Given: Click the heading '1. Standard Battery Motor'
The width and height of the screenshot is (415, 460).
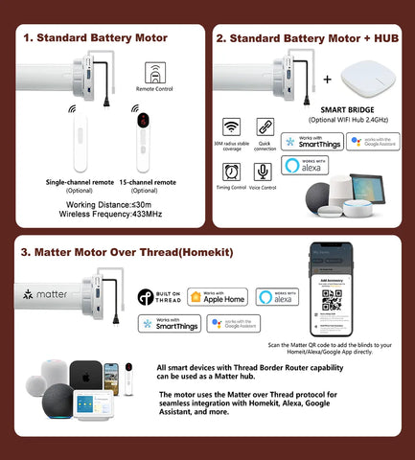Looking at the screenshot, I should [95, 37].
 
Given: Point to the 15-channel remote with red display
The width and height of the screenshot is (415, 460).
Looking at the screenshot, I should [143, 143].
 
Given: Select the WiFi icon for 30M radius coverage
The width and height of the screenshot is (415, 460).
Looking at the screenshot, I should [232, 127].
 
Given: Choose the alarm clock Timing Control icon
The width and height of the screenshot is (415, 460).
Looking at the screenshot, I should [232, 171].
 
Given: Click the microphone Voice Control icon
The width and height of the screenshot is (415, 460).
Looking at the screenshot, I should [262, 171].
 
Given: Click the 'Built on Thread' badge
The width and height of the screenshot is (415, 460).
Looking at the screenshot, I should [158, 297].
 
